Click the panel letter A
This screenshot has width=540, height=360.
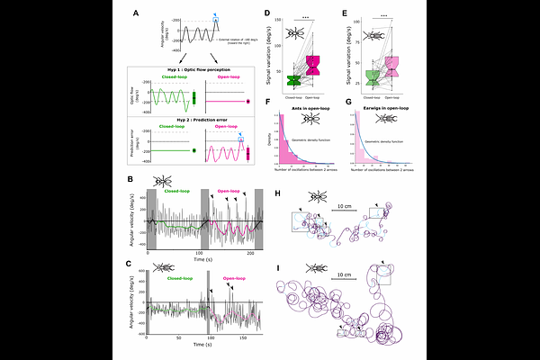click(x=136, y=13)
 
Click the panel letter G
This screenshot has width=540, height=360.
click(x=347, y=104)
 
